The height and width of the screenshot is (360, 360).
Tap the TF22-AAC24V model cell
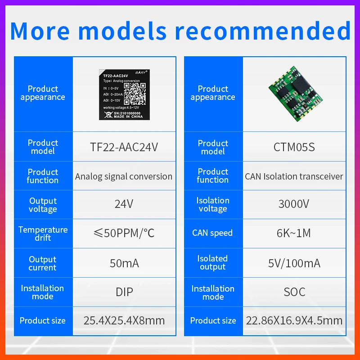[x=124, y=147]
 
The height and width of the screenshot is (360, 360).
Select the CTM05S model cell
[x=294, y=147]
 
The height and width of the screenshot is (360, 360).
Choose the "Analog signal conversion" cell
[x=124, y=176]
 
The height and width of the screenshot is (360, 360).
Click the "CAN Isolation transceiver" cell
[x=294, y=176]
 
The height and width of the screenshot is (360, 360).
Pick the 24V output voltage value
[x=124, y=204]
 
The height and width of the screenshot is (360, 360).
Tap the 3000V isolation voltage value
[x=294, y=204]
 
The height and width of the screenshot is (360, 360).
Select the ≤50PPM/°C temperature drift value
[x=124, y=233]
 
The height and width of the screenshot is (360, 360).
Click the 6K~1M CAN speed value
[x=294, y=233]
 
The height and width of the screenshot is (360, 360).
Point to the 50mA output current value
[x=124, y=263]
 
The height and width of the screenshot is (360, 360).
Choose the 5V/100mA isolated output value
[x=294, y=263]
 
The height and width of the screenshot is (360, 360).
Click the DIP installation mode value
[x=124, y=292]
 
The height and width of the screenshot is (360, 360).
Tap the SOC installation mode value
[x=294, y=292]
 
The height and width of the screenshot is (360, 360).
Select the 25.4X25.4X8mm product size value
[x=124, y=320]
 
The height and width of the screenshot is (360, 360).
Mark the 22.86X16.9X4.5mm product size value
[x=294, y=320]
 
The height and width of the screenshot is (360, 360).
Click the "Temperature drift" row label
[x=43, y=233]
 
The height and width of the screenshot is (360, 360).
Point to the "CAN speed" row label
[x=212, y=233]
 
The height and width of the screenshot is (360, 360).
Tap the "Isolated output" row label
[x=212, y=262]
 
